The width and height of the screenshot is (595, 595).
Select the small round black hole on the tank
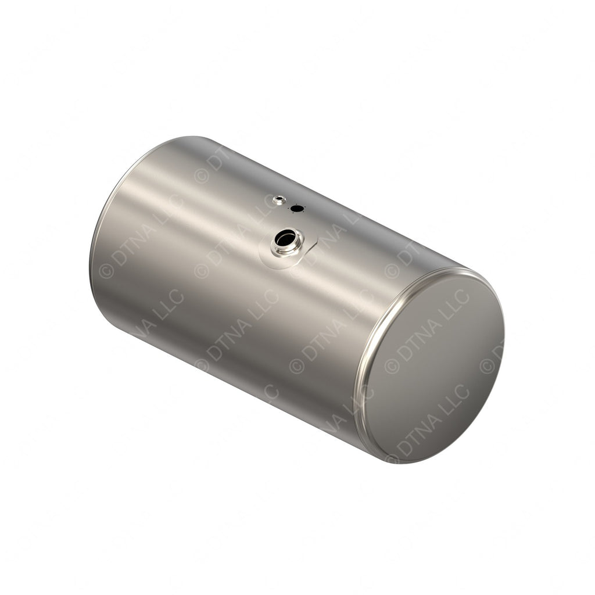(297, 208)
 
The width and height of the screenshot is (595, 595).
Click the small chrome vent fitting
(279, 200)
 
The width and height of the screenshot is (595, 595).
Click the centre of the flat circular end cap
(433, 367)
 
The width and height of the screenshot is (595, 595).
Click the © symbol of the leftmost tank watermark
(106, 271)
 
